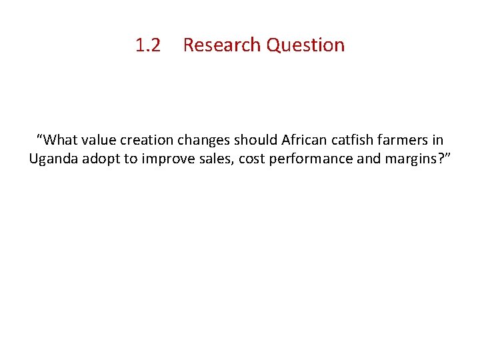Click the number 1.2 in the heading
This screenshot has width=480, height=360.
[x=148, y=45]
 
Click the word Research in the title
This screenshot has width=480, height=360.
[x=222, y=45]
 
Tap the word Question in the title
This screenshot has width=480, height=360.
[x=305, y=45]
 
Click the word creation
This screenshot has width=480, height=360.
[x=148, y=140]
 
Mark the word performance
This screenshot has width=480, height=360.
[x=305, y=159]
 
